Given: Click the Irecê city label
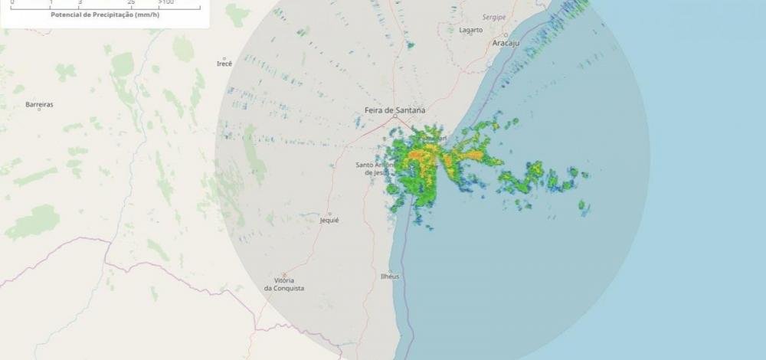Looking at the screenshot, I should (x=224, y=64).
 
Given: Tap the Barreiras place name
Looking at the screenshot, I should (x=39, y=104).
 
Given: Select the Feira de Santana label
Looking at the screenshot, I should (x=394, y=110).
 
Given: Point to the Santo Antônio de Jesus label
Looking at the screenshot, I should (x=375, y=169).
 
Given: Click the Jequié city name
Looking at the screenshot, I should (x=329, y=220).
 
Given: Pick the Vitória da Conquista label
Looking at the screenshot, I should (x=284, y=284).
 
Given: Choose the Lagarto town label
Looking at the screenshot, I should (x=470, y=30).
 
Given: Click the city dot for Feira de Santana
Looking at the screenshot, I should (x=394, y=117).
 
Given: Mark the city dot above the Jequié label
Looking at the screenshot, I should (x=329, y=213).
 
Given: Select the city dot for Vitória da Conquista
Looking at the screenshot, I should (x=284, y=274).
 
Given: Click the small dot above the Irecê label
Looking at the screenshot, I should (x=224, y=57).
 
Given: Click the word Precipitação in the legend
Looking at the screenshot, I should (x=117, y=15).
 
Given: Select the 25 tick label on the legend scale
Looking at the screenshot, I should (x=132, y=3).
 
